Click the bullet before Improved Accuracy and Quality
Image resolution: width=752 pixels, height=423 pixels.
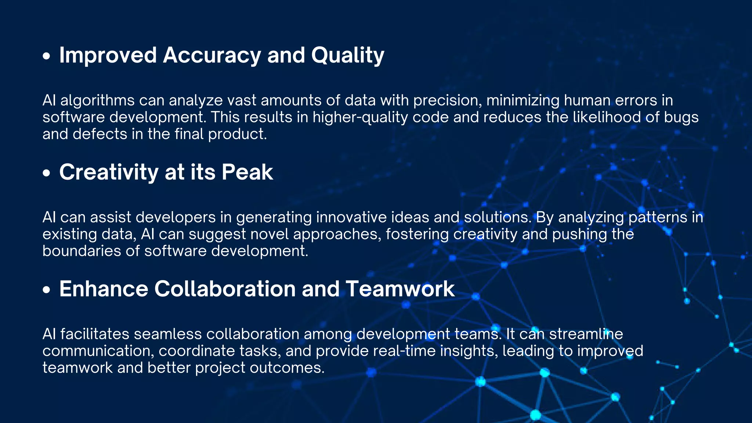click(46, 56)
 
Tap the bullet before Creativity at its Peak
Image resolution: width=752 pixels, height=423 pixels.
click(46, 173)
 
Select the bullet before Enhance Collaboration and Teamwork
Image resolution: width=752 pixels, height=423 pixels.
click(46, 290)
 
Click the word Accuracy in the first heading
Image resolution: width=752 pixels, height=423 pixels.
click(212, 55)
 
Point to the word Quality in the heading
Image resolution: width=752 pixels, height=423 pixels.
click(347, 55)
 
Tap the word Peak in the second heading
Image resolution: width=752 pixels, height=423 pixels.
click(247, 172)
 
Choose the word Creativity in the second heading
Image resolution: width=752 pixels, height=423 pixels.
click(109, 172)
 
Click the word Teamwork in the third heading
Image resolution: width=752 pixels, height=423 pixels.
click(400, 289)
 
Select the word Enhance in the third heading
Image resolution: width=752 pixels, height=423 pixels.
click(104, 289)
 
